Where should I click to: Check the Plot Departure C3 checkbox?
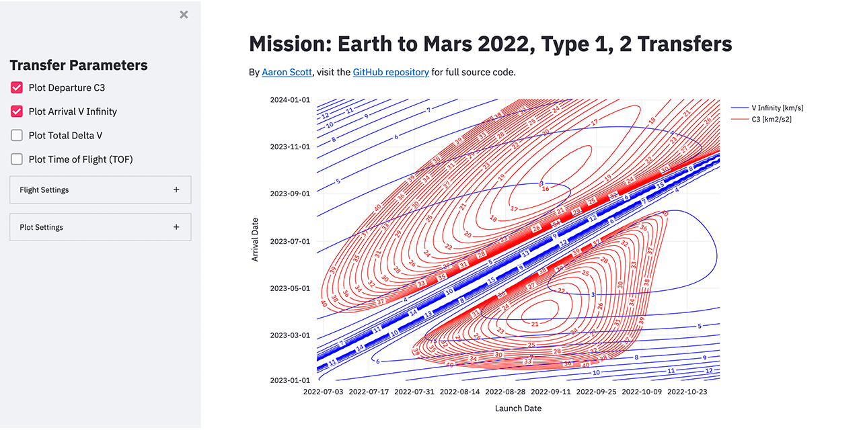pyautogui.click(x=17, y=87)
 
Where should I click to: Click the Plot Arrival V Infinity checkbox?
pyautogui.click(x=17, y=112)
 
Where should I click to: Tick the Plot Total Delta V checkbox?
pyautogui.click(x=17, y=136)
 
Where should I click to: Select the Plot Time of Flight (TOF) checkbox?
pyautogui.click(x=17, y=159)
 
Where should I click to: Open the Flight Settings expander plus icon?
pyautogui.click(x=176, y=190)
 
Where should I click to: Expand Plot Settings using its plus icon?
pyautogui.click(x=176, y=227)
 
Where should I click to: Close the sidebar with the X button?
pyautogui.click(x=184, y=15)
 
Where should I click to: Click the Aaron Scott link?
pyautogui.click(x=287, y=72)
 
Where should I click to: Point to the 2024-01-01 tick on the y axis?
pyautogui.click(x=290, y=100)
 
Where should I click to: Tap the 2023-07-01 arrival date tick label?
pyautogui.click(x=290, y=241)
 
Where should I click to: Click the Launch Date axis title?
pyautogui.click(x=518, y=408)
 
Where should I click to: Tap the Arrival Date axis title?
pyautogui.click(x=256, y=240)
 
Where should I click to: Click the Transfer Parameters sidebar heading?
pyautogui.click(x=79, y=65)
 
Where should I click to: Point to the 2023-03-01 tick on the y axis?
pyautogui.click(x=290, y=335)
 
